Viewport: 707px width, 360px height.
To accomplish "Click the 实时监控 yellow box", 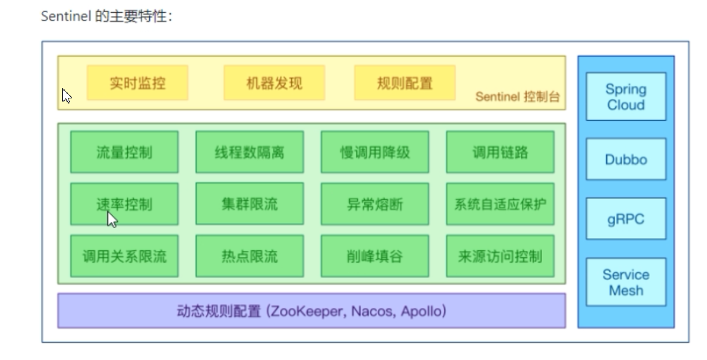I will (138, 83).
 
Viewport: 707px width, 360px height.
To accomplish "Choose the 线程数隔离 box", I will (249, 152).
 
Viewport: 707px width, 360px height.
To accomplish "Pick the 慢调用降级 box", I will (374, 152).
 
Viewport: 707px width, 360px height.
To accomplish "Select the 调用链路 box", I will (499, 152).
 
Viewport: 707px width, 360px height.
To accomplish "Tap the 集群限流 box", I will (249, 204).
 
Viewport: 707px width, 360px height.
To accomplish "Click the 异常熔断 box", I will (374, 204).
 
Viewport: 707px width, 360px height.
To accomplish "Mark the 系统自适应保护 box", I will (499, 204).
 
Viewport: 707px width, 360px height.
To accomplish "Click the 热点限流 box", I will (249, 256).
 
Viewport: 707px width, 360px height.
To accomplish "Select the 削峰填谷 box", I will (374, 256).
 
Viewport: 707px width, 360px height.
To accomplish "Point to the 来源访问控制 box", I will (499, 256).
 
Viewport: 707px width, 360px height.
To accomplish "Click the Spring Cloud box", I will (626, 97).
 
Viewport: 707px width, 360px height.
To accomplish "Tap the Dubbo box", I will (626, 159).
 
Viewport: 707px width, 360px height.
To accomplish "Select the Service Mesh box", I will (626, 283).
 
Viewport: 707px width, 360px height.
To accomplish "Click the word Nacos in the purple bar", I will (371, 312).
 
